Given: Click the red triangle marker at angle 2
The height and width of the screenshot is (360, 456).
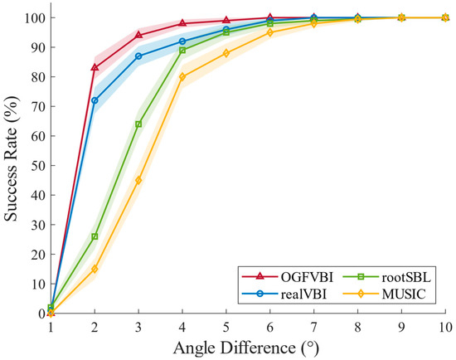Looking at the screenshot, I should [95, 67].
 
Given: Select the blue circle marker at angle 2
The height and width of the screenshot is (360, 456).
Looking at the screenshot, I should [95, 100].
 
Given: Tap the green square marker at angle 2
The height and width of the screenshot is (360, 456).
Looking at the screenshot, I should [95, 236].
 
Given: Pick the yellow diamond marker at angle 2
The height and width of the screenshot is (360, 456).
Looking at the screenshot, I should [95, 269].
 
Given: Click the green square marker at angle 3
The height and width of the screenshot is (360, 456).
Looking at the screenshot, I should [138, 124].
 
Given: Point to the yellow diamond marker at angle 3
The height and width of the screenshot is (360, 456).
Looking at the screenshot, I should [138, 180].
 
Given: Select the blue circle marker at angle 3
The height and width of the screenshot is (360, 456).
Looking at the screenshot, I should [138, 56].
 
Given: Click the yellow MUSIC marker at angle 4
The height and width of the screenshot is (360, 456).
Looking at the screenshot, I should [182, 77].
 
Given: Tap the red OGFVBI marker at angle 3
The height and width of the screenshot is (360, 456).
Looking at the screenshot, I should [138, 35].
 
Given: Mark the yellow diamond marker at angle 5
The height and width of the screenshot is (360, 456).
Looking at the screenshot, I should [226, 53].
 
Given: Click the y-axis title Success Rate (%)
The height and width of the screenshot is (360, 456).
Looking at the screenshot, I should [12, 165].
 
